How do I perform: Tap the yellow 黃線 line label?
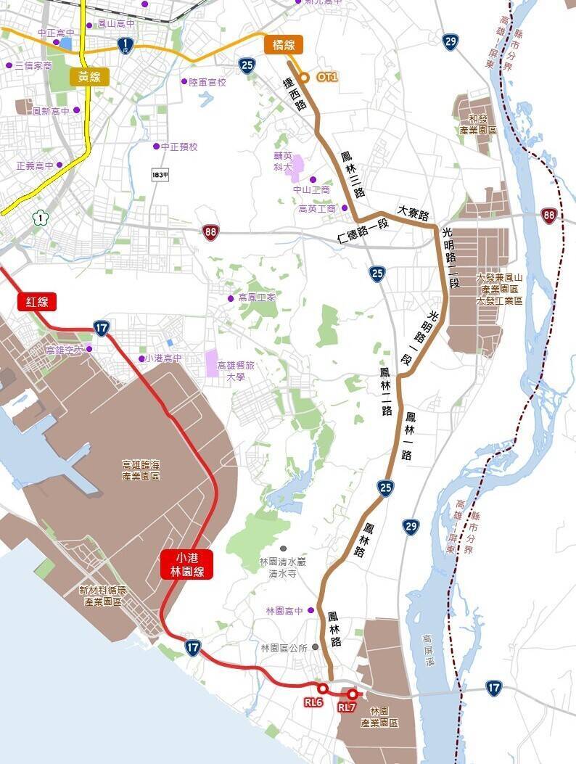coord(90,76)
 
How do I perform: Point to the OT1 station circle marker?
coord(305,77)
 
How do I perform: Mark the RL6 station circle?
coord(323,688)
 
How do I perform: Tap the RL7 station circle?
coord(353,694)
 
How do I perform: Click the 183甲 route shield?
coord(160,175)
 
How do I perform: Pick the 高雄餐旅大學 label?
coord(234,371)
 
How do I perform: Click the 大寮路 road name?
coord(414,213)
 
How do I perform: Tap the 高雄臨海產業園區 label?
coord(141,470)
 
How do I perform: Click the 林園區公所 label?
coord(284,647)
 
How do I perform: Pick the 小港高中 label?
coord(162,358)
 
